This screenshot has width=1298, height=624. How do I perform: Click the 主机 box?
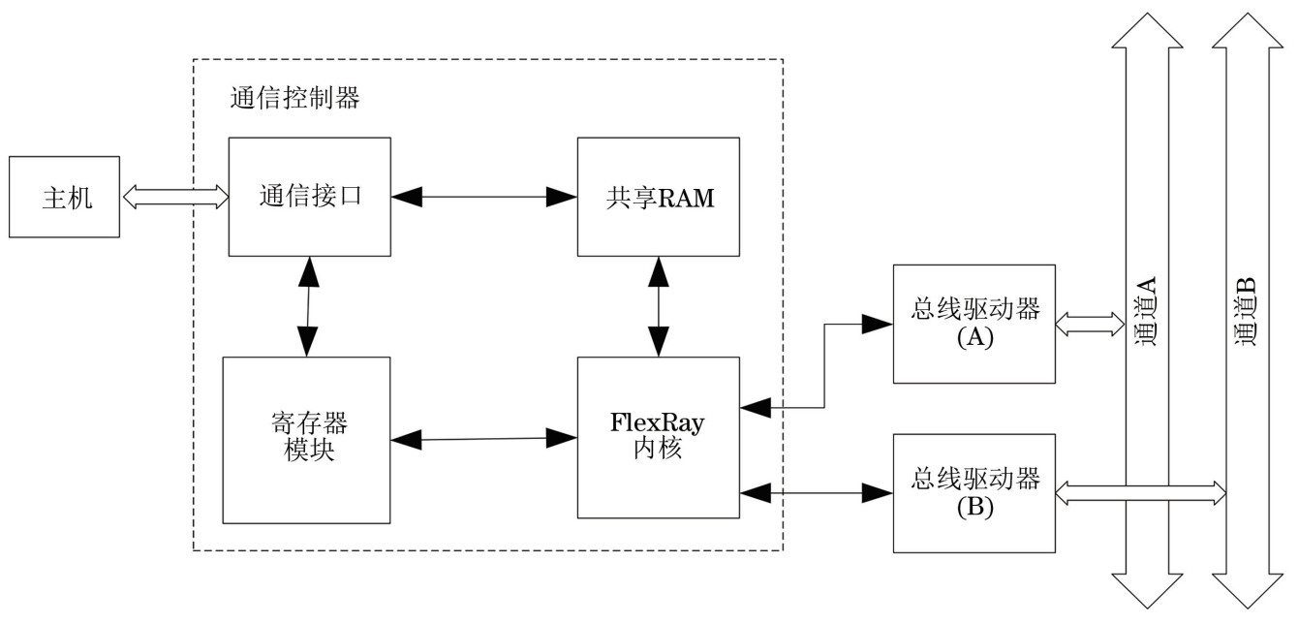65,197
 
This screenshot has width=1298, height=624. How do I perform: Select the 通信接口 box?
309,197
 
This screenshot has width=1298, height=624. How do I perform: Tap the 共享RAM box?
658,197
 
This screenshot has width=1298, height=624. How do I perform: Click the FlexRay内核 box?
658,438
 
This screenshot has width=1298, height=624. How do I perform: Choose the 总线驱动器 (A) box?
973,324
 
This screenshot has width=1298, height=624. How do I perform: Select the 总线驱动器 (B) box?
973,493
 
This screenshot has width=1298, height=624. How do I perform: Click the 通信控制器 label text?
294,98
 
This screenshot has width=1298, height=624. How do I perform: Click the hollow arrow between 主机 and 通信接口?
174,197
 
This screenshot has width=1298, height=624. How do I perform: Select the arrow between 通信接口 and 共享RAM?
483,197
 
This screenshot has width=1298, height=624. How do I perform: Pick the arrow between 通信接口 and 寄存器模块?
308,306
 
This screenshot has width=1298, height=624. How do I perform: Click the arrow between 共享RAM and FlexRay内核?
659,307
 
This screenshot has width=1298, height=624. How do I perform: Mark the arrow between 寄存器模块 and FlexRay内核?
483,439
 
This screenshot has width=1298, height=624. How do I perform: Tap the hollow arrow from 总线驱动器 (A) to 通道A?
1089,324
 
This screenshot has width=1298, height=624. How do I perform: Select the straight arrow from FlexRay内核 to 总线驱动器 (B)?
816,493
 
